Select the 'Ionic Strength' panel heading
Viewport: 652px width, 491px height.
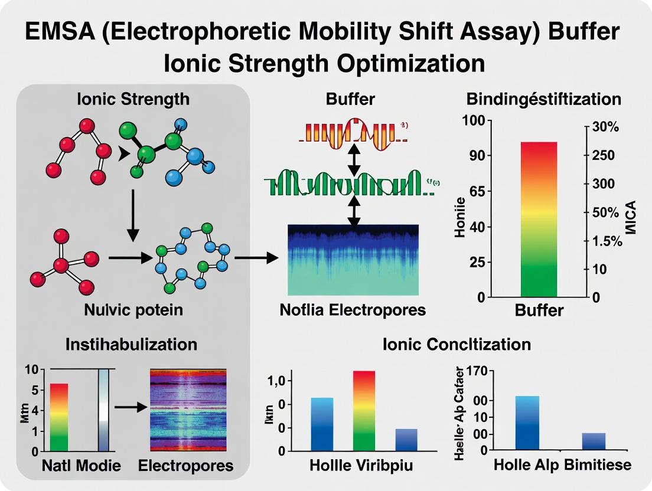click(x=133, y=99)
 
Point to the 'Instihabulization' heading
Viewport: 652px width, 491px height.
click(x=132, y=344)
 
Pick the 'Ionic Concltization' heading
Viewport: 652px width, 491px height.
click(x=457, y=344)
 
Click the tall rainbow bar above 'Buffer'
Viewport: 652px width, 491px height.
click(x=538, y=218)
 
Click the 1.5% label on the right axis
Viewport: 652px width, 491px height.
click(x=607, y=241)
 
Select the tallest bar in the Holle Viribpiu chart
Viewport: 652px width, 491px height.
click(x=363, y=410)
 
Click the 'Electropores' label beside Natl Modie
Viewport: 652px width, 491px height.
click(x=186, y=466)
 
